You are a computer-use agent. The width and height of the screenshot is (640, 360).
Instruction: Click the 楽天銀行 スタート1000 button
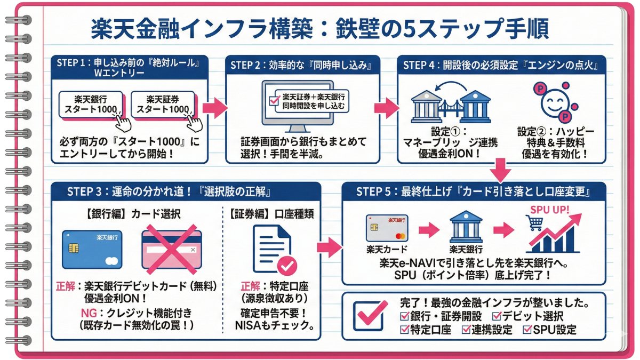[x=91, y=103]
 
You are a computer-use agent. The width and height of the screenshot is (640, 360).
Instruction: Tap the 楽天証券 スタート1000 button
[x=162, y=103]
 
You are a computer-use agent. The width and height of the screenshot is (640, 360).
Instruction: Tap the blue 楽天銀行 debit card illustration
[x=92, y=249]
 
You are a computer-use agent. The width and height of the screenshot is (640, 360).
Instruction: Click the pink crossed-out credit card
[x=171, y=249]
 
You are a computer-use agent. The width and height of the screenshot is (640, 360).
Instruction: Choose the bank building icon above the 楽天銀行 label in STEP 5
[x=466, y=227]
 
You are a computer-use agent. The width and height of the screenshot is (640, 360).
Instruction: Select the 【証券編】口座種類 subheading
[x=272, y=214]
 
